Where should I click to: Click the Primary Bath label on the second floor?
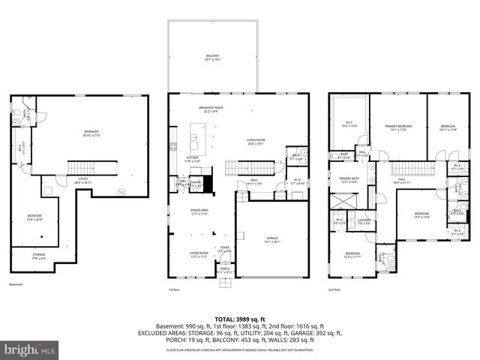(350, 179)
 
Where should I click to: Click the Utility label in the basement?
(83, 180)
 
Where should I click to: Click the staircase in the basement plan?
(90, 165)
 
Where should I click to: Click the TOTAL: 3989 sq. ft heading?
(240, 319)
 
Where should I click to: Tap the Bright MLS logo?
(30, 349)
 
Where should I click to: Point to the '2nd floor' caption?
(334, 289)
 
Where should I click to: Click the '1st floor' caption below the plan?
(175, 289)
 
